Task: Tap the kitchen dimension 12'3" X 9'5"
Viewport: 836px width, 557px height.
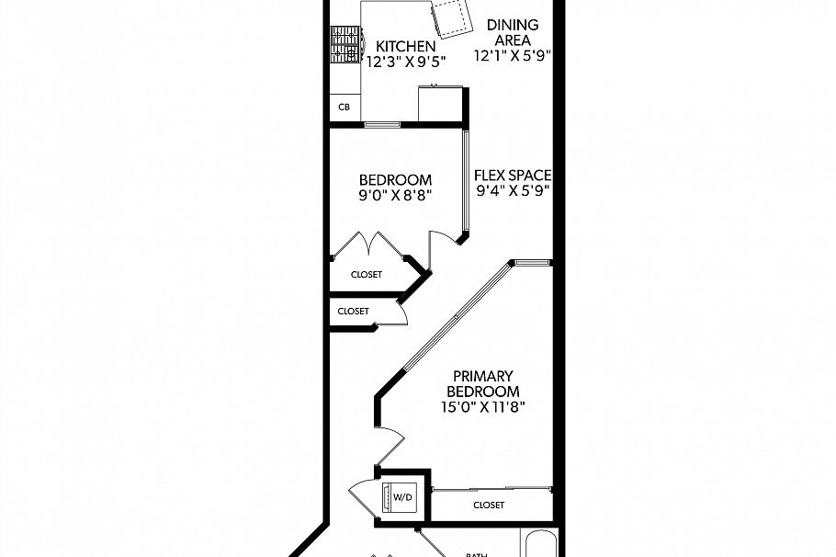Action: pyautogui.click(x=406, y=63)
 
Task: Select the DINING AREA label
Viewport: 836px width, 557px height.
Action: pyautogui.click(x=513, y=32)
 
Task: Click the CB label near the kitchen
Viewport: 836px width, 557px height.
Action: pyautogui.click(x=345, y=107)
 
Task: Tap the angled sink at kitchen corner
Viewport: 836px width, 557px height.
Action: pyautogui.click(x=450, y=17)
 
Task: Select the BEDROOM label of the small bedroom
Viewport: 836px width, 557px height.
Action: pyautogui.click(x=395, y=179)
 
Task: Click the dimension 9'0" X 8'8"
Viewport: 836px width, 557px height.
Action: pyautogui.click(x=395, y=195)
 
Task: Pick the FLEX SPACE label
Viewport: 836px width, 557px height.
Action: pyautogui.click(x=513, y=175)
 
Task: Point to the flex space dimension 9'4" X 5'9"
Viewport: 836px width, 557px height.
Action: pyautogui.click(x=513, y=191)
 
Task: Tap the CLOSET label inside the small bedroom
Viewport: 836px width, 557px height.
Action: pyautogui.click(x=366, y=274)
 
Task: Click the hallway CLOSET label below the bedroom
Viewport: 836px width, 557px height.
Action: pyautogui.click(x=353, y=312)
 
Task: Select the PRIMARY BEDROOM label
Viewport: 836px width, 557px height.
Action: pyautogui.click(x=487, y=383)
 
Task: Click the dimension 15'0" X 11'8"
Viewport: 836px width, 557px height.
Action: pyautogui.click(x=487, y=406)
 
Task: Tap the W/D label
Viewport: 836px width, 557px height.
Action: pyautogui.click(x=402, y=498)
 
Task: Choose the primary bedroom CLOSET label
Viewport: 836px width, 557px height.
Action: pyautogui.click(x=489, y=506)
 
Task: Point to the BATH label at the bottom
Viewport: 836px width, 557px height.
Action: pyautogui.click(x=476, y=553)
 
